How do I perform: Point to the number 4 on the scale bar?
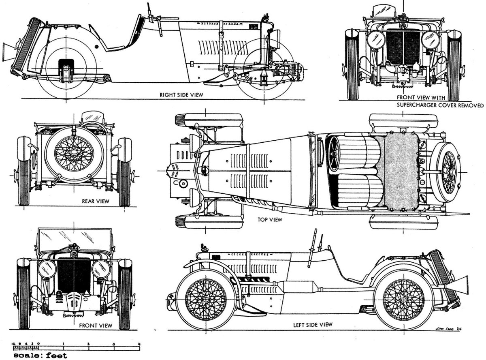point(139,344)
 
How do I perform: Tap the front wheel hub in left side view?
point(204,299)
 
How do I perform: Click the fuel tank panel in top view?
point(400,172)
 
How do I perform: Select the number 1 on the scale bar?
point(64,344)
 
